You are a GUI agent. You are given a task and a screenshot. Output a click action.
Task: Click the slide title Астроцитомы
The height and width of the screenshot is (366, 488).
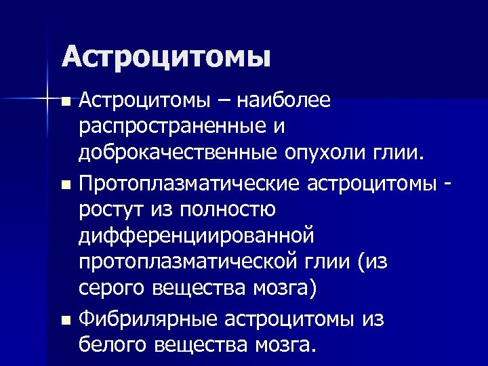(x=166, y=56)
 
